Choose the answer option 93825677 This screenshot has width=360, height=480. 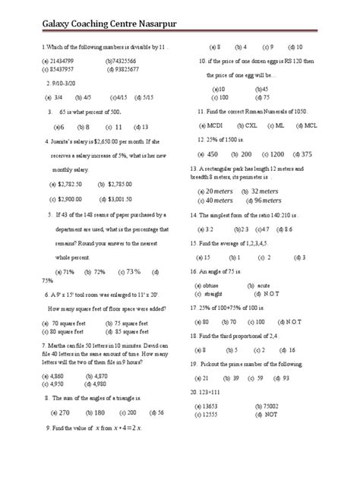pos(123,69)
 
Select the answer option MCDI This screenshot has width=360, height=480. pos(216,125)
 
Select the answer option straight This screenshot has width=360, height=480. pos(217,292)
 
